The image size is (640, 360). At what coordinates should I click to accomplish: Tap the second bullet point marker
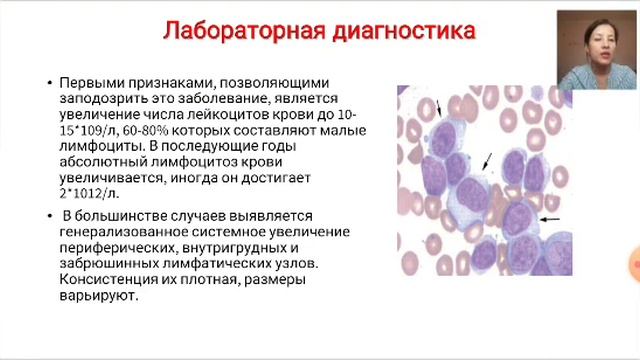tap(50, 217)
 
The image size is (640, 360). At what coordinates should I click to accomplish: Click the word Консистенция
tap(110, 280)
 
